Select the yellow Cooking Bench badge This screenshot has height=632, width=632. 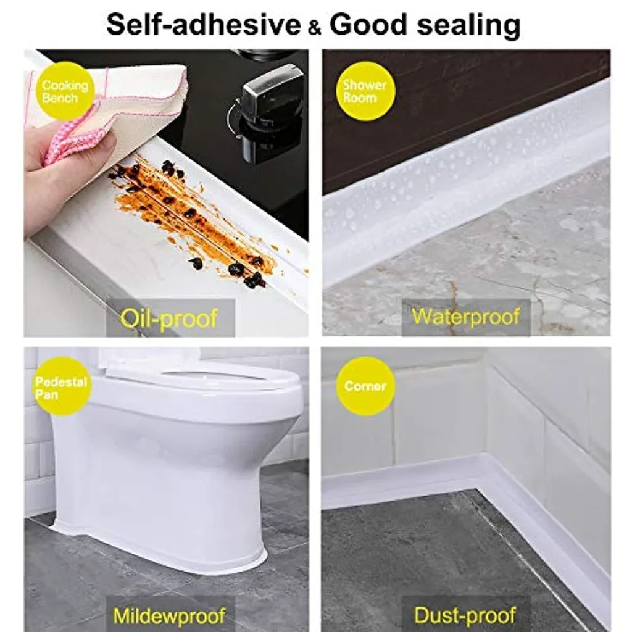coord(65,91)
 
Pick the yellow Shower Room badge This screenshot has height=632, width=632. coord(365,91)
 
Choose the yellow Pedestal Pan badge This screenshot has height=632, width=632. coord(61,387)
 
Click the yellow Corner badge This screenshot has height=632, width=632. coord(365,386)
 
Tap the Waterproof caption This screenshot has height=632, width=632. coord(466,317)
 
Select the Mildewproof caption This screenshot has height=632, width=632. coord(168,615)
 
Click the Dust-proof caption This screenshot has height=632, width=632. coord(465,615)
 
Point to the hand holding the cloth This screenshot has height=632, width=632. coord(62,179)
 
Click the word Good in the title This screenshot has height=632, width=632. coord(368,25)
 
